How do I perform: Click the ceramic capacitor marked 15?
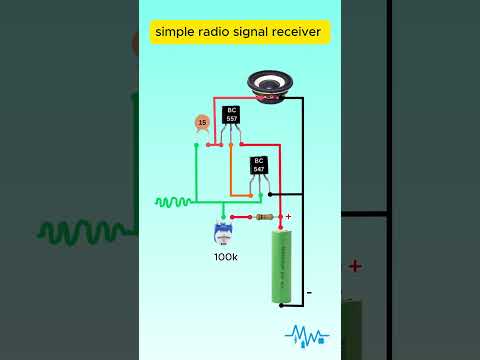pos(202,123)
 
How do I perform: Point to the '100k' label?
pos(226,257)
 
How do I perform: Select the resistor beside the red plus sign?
pos(265,216)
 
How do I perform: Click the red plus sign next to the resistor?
pos(288,215)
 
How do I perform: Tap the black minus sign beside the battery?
pos(309,292)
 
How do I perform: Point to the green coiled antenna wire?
pos(173,201)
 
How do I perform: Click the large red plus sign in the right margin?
pos(354,266)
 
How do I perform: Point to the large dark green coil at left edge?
pos(85,232)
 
